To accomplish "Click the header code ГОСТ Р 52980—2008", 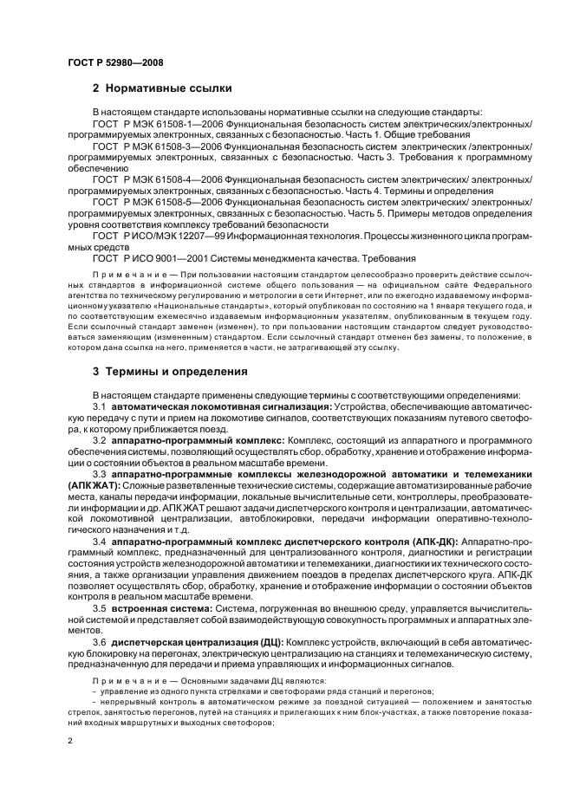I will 115,62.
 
